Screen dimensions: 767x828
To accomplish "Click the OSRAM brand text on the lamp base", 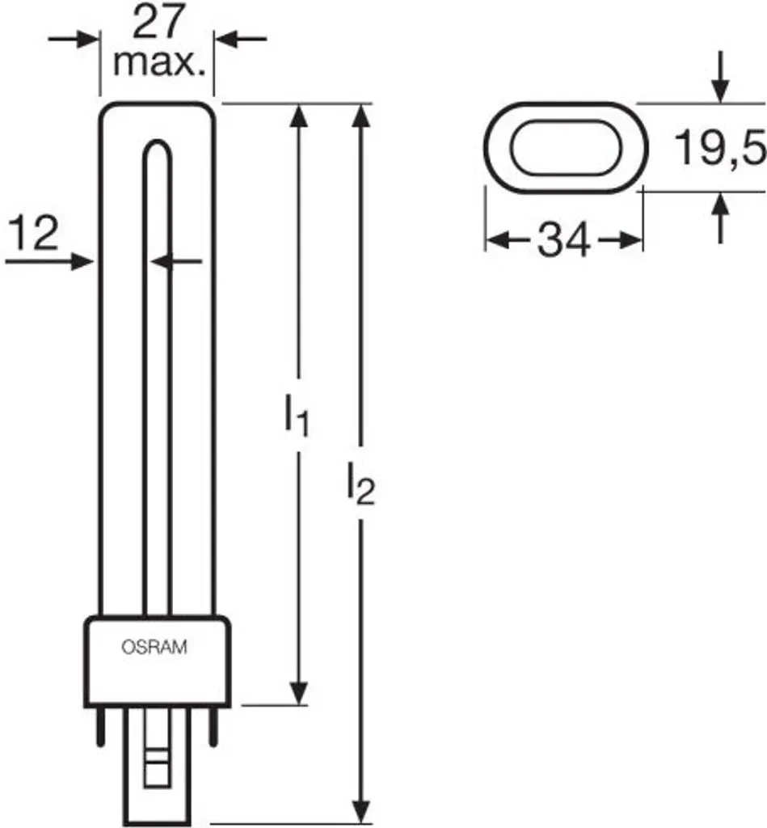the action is click(154, 647).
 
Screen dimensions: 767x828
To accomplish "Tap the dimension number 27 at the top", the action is click(158, 23).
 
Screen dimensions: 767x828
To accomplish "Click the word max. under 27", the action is click(159, 63).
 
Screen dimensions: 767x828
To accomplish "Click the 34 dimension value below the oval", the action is click(563, 240).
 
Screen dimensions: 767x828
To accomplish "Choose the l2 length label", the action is click(361, 484).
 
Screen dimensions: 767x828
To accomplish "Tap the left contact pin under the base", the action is click(99, 726).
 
